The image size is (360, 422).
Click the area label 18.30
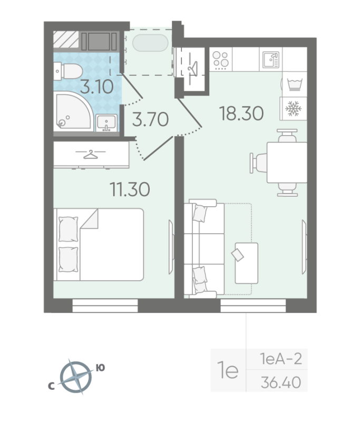point(241,112)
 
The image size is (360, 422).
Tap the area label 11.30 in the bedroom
point(130,188)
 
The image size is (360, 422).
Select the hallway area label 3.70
point(150,120)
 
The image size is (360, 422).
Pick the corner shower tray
point(71,111)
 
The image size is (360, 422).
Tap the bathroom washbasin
point(107,123)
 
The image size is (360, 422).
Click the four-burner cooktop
point(220,60)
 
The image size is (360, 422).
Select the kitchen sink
point(270,60)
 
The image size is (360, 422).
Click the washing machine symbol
point(293,83)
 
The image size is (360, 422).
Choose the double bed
point(99,244)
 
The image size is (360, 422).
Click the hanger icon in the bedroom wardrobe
point(91,154)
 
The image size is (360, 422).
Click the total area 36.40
point(281,382)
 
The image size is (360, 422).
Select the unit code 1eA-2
point(280,360)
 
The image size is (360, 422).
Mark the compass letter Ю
point(100,369)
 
